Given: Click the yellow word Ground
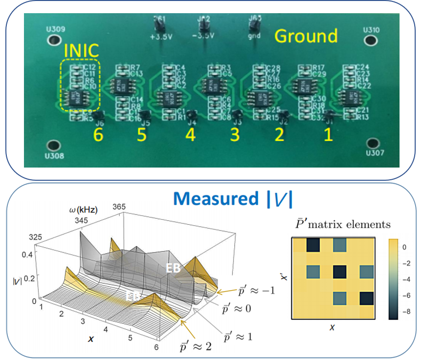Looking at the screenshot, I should point(306,36).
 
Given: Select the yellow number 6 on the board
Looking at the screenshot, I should point(99,135).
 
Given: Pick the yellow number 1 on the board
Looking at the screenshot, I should point(327,134).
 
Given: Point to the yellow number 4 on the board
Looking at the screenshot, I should point(190,135).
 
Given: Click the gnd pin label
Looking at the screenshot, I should point(254,36).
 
